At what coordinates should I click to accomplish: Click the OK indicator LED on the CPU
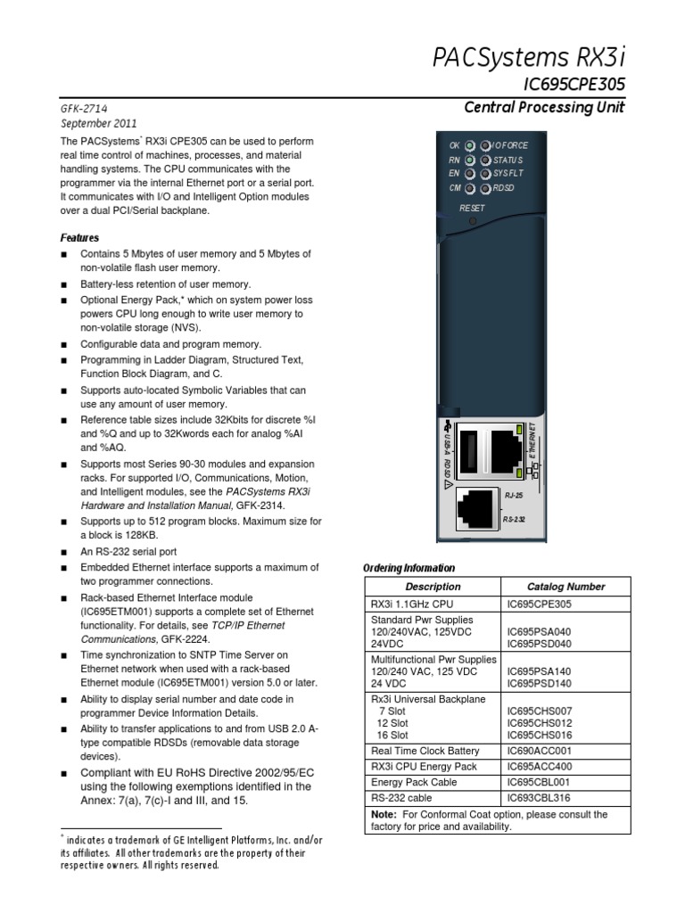470,144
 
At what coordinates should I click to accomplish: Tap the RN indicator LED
470,160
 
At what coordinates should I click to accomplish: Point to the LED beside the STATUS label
485,160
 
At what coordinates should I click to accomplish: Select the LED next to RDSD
485,188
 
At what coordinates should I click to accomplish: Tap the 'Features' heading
79,237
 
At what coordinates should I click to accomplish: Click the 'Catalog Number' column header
565,587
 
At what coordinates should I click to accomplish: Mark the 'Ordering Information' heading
409,568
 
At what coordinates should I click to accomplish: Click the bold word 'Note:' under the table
384,814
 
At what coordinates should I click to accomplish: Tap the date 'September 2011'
98,123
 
